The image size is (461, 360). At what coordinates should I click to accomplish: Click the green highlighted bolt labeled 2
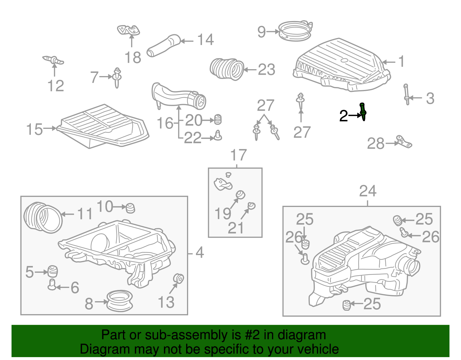click(363, 112)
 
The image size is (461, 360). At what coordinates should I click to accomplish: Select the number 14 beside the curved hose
click(205, 40)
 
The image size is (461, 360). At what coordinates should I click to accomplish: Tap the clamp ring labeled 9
click(295, 31)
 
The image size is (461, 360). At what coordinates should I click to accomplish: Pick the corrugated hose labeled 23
click(226, 69)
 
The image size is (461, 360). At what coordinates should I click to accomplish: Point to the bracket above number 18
click(129, 30)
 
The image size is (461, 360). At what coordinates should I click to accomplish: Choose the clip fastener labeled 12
click(54, 60)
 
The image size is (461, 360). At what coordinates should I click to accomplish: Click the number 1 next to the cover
click(401, 62)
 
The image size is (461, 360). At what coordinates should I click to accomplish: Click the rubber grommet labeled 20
click(218, 119)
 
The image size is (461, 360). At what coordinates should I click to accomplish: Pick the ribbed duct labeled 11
click(43, 218)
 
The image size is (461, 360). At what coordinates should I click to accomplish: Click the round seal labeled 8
click(120, 301)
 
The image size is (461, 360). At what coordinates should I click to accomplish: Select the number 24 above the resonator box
click(368, 191)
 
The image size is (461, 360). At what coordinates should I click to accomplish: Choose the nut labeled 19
click(240, 195)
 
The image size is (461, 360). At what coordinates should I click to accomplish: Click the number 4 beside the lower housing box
click(200, 253)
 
